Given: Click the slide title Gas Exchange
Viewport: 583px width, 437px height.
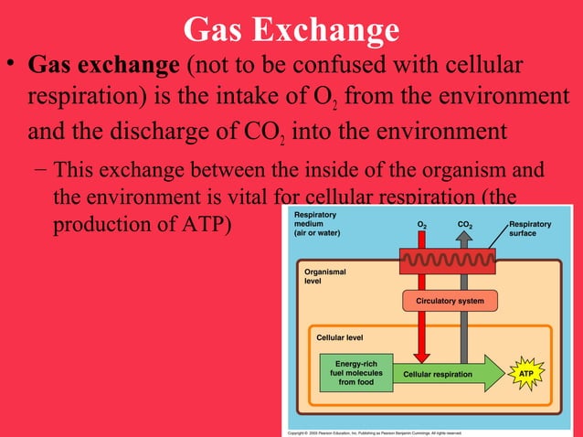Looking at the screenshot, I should click(291, 29).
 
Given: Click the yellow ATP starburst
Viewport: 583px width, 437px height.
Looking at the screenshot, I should click(525, 375).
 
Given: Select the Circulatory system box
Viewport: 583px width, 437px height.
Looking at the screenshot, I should click(450, 301).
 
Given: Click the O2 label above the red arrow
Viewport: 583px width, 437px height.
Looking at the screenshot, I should click(421, 223).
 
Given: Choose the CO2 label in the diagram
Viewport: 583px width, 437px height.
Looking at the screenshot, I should click(464, 223).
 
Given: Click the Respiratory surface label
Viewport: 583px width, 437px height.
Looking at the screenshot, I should click(529, 229).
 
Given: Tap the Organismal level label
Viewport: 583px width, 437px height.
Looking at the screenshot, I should click(324, 276).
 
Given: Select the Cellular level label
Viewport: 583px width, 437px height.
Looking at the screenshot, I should click(340, 337).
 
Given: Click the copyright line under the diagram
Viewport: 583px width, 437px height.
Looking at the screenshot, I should click(375, 432).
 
